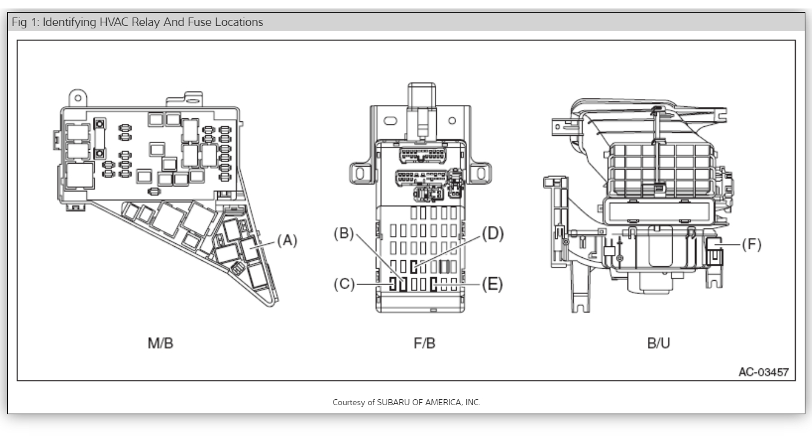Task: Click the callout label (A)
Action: [x=287, y=240]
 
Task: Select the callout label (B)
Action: [x=344, y=233]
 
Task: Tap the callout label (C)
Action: [x=344, y=284]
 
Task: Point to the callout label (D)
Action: [x=492, y=233]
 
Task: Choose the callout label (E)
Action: [x=492, y=284]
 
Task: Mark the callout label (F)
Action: [x=751, y=245]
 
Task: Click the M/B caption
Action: [x=160, y=344]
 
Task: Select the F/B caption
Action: [x=424, y=344]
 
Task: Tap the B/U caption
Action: [x=659, y=344]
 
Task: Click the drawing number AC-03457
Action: [x=763, y=372]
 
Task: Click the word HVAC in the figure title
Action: [x=116, y=22]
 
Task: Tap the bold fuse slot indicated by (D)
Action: [x=414, y=266]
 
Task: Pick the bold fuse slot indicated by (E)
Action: [x=434, y=284]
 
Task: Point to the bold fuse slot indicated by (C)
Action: [x=393, y=284]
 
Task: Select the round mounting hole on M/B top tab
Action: [x=77, y=96]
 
